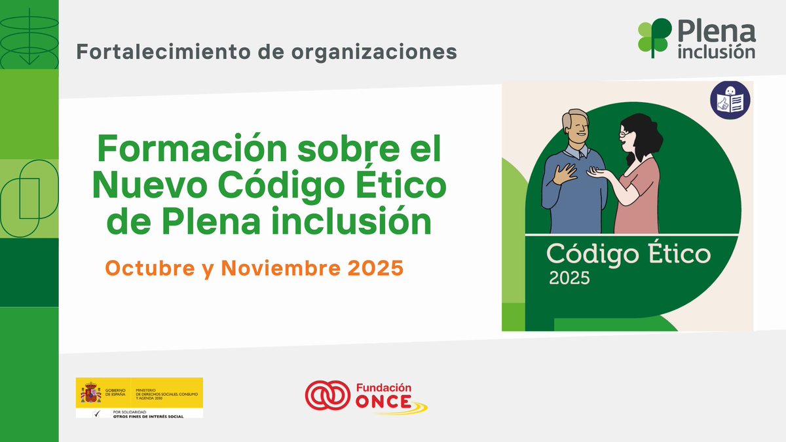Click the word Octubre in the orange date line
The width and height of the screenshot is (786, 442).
pos(136,268)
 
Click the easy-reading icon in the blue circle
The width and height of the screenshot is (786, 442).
pos(730,100)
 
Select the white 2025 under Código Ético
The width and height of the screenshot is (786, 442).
pos(569,278)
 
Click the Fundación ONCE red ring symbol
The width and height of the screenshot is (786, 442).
pos(327,396)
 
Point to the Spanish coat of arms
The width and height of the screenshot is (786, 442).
pos(90,392)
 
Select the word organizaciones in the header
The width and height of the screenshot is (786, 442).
pos(367,51)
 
